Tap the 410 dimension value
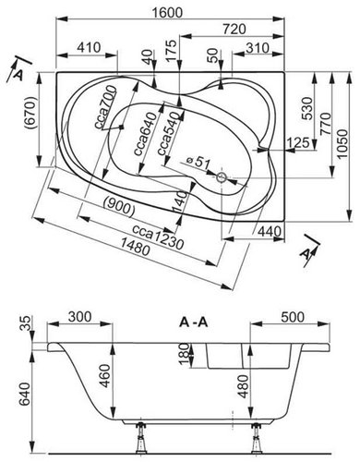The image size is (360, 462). click(x=90, y=46)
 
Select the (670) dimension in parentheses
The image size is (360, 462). click(x=29, y=114)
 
